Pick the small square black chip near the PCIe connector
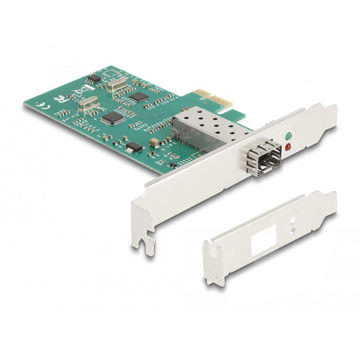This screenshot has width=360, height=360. click(138, 96)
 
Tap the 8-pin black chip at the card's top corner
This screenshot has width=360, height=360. click(93, 79)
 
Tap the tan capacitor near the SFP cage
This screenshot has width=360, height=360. click(154, 141)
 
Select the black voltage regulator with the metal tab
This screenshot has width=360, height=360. click(133, 147)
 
